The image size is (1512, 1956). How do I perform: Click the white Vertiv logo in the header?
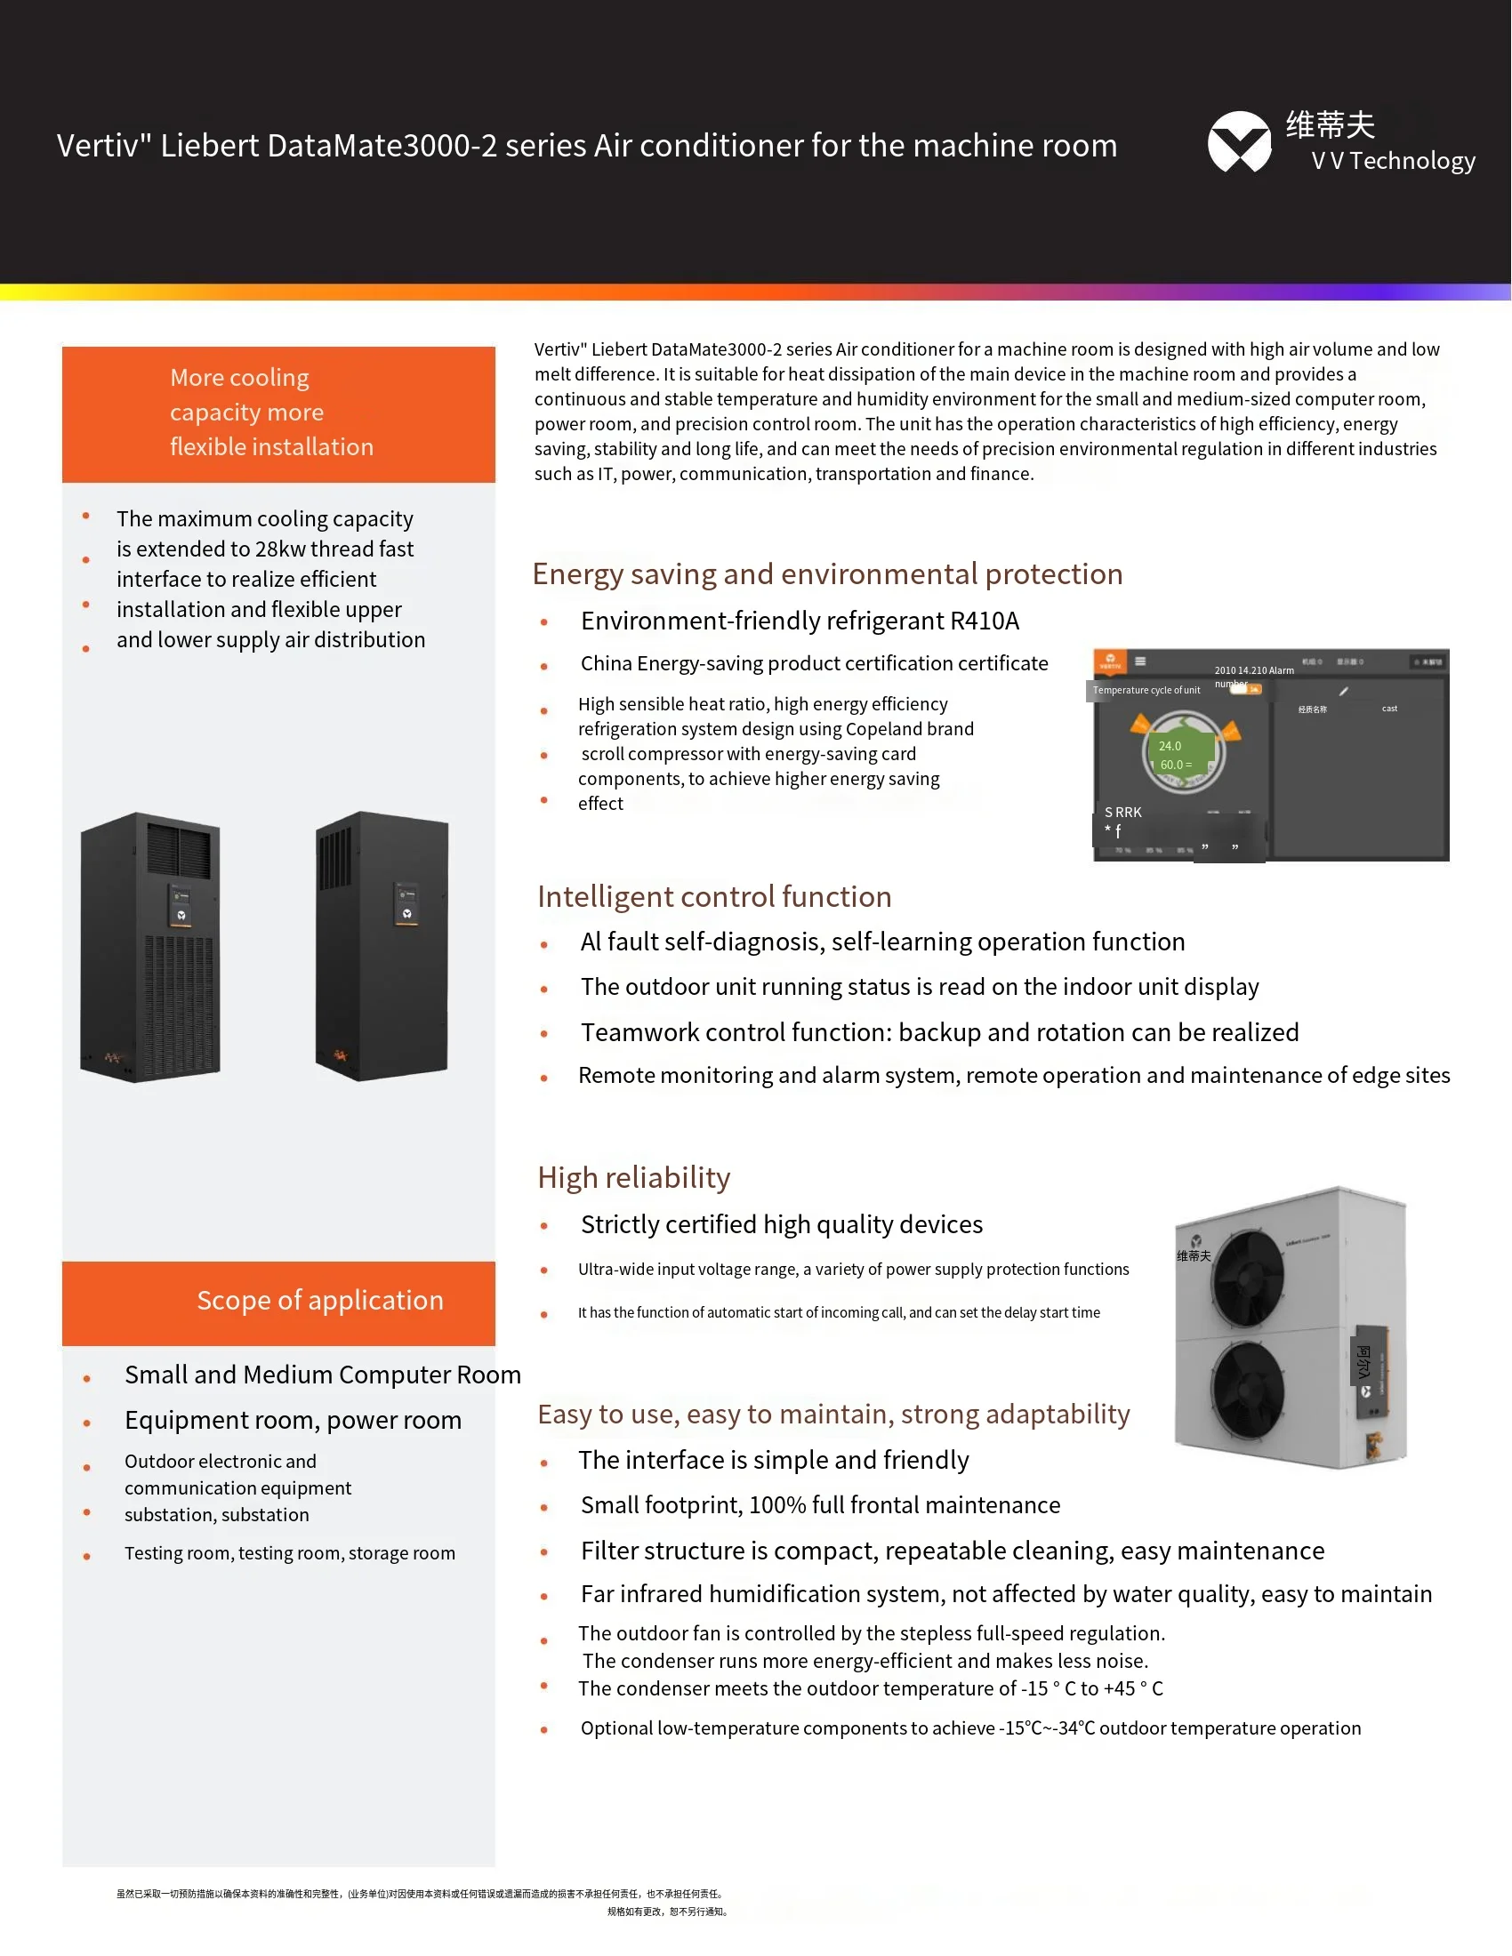coord(1239,142)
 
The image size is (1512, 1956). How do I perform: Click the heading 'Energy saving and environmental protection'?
coord(827,574)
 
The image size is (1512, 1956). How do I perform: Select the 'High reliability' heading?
coord(633,1178)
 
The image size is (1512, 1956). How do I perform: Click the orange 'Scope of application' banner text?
coord(320,1301)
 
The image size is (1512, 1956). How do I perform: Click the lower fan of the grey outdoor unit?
coord(1247,1391)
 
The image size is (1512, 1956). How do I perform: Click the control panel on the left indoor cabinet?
coord(180,905)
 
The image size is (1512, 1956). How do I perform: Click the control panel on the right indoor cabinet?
coord(406,903)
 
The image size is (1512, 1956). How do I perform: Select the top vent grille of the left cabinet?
coord(179,851)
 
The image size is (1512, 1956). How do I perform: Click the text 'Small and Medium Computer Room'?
coord(323,1375)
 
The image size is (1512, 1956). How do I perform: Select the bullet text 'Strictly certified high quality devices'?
coord(781,1225)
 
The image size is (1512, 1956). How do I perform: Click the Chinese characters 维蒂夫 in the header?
coord(1331,125)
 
